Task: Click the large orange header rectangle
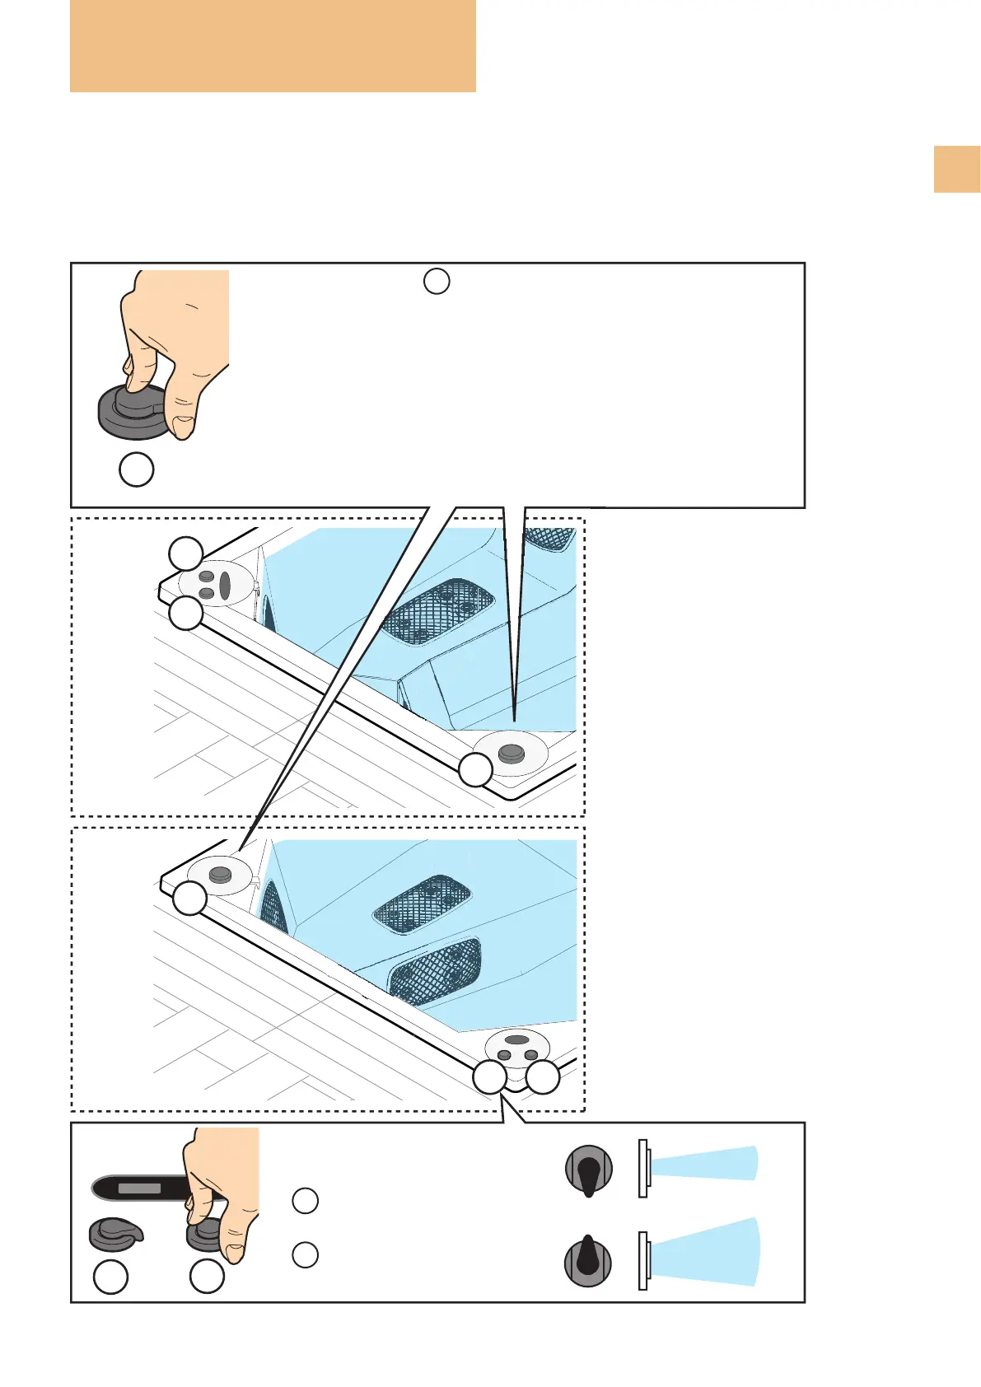point(273,45)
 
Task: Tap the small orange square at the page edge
point(956,169)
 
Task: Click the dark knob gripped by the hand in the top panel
point(132,412)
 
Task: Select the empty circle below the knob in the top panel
point(137,469)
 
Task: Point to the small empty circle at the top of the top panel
point(437,281)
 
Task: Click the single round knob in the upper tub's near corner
point(512,753)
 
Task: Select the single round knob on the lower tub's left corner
point(219,874)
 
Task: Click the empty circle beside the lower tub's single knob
point(190,898)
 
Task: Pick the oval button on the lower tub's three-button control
point(516,1040)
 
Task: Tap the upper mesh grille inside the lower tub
point(422,904)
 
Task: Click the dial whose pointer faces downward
point(589,1170)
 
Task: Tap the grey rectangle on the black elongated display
point(139,1189)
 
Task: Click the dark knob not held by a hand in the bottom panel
point(114,1233)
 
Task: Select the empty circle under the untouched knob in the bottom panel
point(111,1277)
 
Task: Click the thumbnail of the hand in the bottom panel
point(235,1252)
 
